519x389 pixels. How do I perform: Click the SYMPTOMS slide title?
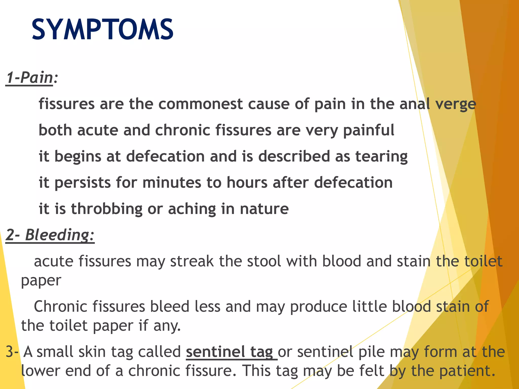[102, 30]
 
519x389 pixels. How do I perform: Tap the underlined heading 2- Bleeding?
[50, 235]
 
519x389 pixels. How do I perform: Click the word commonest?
[200, 104]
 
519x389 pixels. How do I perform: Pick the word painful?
[369, 130]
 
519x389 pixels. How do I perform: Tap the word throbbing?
[107, 209]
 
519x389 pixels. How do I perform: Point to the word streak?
[192, 261]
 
